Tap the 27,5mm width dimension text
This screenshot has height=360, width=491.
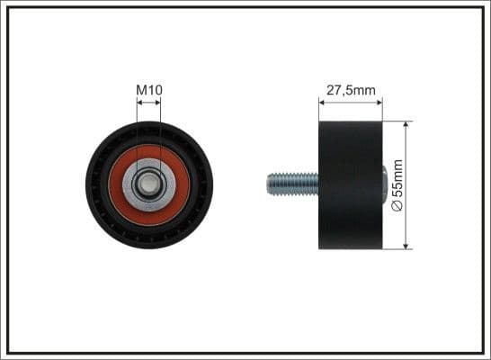[x=350, y=89]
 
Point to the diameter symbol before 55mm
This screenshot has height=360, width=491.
[x=399, y=206]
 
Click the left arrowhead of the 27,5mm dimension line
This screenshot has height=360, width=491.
[x=322, y=102]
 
